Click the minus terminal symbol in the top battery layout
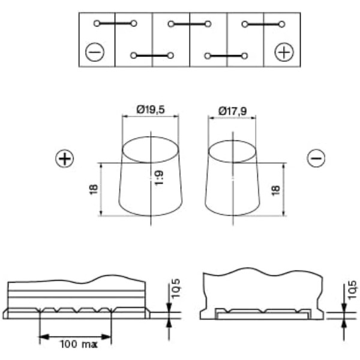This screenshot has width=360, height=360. coord(95,52)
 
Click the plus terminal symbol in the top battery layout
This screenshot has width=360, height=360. coord(284,52)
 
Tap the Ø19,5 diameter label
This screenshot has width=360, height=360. coord(151,110)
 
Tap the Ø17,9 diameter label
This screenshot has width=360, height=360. coord(233,111)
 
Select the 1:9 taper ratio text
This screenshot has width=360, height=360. coord(159,178)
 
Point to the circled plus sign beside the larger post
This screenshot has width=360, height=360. coord(65,158)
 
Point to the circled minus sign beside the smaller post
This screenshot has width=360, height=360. coord(316,158)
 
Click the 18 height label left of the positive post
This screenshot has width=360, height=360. coord(94,190)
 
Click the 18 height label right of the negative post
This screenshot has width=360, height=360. coord(276,190)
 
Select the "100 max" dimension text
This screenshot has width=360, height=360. coord(79,344)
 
